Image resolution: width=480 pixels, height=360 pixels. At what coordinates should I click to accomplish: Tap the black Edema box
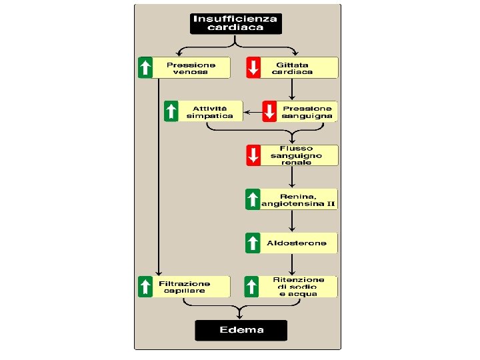[x=241, y=330]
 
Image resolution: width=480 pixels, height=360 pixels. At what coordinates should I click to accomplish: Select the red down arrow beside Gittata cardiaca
[x=253, y=68]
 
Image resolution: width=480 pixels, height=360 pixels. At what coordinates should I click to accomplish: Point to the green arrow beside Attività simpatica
[x=171, y=111]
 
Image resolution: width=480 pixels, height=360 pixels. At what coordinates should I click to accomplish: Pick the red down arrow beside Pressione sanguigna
[x=269, y=111]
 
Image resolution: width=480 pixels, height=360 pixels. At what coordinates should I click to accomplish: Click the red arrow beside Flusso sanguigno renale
[x=253, y=155]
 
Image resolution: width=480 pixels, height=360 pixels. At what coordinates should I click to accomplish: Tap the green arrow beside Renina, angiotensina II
[x=253, y=199]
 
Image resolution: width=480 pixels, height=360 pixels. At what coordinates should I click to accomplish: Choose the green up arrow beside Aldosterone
[x=253, y=243]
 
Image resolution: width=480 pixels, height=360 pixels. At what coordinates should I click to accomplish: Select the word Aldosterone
[x=297, y=243]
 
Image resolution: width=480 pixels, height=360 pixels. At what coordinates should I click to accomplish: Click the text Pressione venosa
[x=191, y=68]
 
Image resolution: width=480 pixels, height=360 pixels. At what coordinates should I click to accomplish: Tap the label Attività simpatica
[x=209, y=111]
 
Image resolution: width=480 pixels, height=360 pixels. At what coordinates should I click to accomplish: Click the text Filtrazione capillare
[x=184, y=287]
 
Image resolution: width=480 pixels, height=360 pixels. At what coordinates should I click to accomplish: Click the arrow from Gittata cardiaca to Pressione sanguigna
[x=292, y=89]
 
